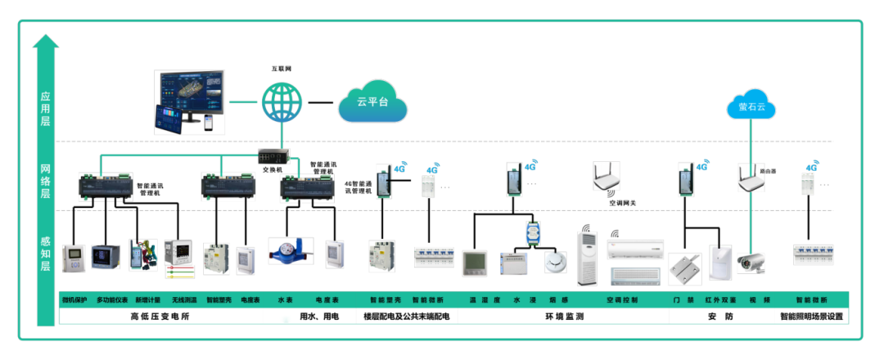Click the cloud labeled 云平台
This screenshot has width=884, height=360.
372,102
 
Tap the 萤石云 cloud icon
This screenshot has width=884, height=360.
751,106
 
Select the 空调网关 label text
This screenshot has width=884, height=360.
623,201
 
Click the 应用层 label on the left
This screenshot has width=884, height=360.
46,108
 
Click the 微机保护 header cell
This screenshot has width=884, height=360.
74,300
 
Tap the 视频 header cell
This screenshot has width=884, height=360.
761,300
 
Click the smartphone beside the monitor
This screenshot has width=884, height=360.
209,122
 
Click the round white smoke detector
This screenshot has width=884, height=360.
557,261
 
